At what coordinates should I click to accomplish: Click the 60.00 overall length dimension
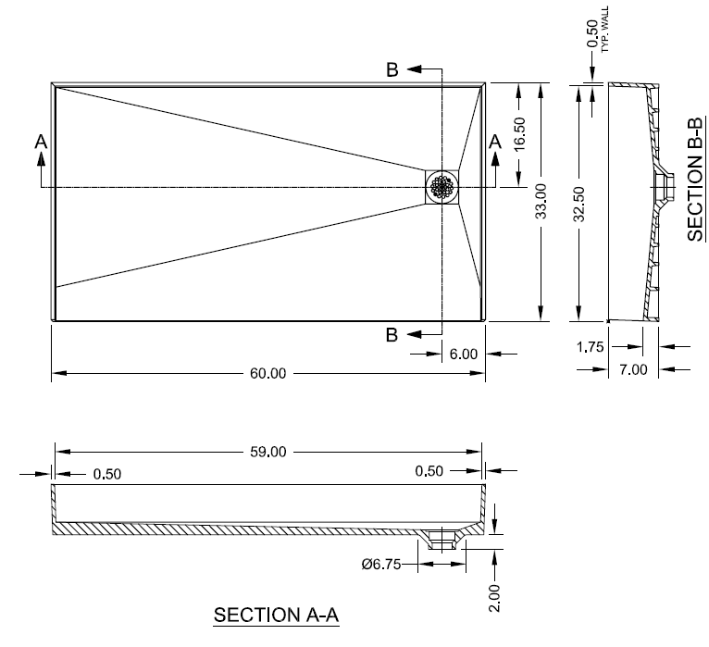(268, 373)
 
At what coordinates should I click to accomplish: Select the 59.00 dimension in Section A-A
(268, 452)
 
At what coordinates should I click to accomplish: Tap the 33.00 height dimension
(541, 201)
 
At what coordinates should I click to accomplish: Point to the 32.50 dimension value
(579, 201)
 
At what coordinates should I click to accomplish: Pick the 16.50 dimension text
(519, 135)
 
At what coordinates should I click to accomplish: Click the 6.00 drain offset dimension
(463, 353)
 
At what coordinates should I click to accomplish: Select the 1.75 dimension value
(590, 349)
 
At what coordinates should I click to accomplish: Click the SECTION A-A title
(277, 616)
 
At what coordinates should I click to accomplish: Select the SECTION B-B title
(697, 180)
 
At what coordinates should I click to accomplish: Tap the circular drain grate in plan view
(442, 186)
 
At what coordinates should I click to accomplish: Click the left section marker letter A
(40, 142)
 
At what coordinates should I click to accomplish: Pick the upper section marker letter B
(392, 69)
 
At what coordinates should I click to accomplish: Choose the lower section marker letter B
(392, 335)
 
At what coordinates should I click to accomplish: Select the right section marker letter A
(495, 142)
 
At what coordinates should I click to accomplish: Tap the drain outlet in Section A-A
(442, 538)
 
